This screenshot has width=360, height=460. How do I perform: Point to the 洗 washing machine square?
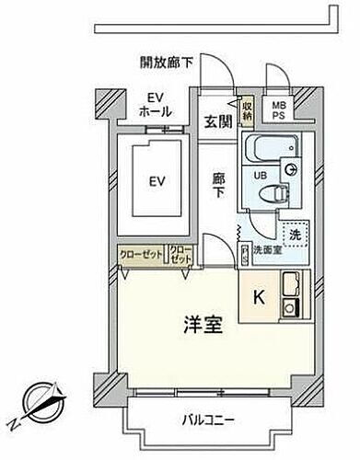pos(295,235)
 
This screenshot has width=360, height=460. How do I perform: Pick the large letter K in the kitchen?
pos(260,297)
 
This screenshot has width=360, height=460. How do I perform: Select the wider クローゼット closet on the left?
pos(141,255)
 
